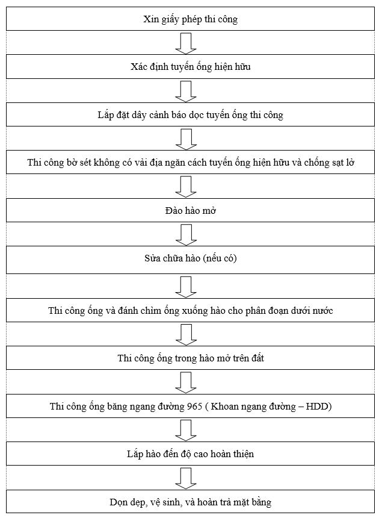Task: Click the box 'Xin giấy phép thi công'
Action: pos(191,19)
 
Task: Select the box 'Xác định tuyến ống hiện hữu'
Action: pos(191,67)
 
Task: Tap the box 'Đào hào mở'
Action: pos(191,211)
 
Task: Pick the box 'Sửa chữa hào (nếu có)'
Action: pos(191,259)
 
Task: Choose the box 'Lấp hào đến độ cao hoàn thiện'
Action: pos(191,454)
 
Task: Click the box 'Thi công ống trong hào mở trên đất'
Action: pos(191,358)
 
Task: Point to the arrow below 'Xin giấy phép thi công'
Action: pos(186,43)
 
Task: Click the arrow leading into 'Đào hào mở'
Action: pos(186,186)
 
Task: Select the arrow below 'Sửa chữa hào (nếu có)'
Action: pos(186,285)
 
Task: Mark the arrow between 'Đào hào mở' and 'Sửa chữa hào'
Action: pos(186,234)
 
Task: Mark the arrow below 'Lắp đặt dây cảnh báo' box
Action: pos(186,139)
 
